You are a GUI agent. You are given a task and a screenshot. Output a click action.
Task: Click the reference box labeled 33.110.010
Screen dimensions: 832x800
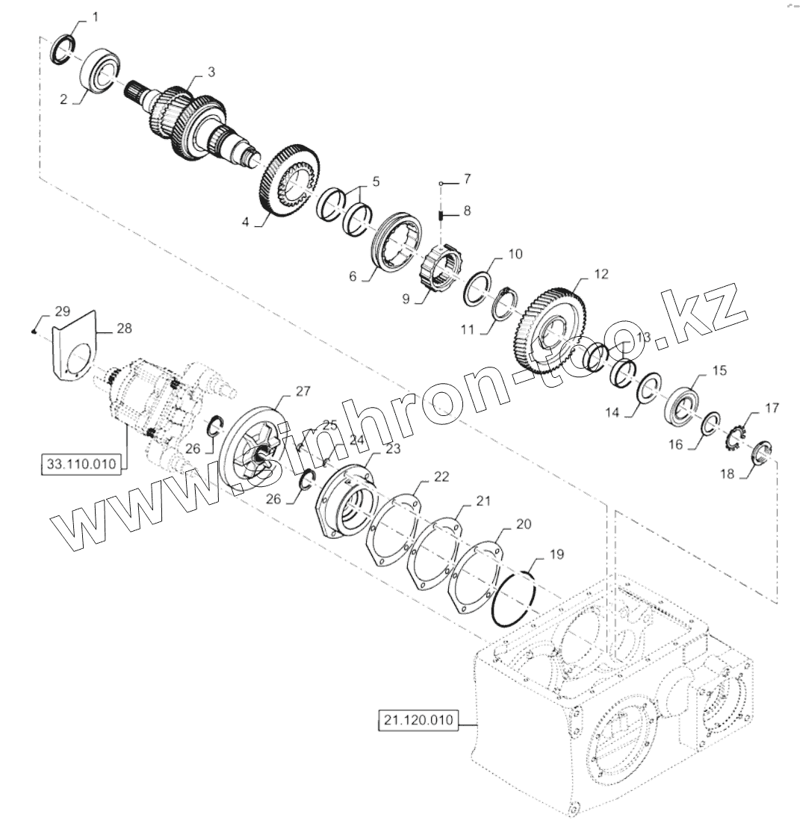pos(81,464)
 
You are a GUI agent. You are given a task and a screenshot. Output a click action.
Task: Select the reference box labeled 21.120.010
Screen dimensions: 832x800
pos(418,721)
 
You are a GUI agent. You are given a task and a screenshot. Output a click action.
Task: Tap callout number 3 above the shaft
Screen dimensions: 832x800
pos(211,72)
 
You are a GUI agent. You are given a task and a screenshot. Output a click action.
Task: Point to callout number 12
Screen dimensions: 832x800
pos(601,274)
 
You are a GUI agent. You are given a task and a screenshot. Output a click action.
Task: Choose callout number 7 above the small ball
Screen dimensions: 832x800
pos(467,179)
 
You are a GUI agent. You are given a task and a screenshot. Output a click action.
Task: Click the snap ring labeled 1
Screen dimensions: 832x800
pos(62,49)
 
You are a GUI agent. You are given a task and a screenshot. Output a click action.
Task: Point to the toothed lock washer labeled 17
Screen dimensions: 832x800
pos(738,437)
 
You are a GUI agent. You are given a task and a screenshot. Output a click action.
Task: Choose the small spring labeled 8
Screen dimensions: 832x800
pos(441,216)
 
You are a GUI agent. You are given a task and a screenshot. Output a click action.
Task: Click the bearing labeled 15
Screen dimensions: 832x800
pos(683,404)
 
